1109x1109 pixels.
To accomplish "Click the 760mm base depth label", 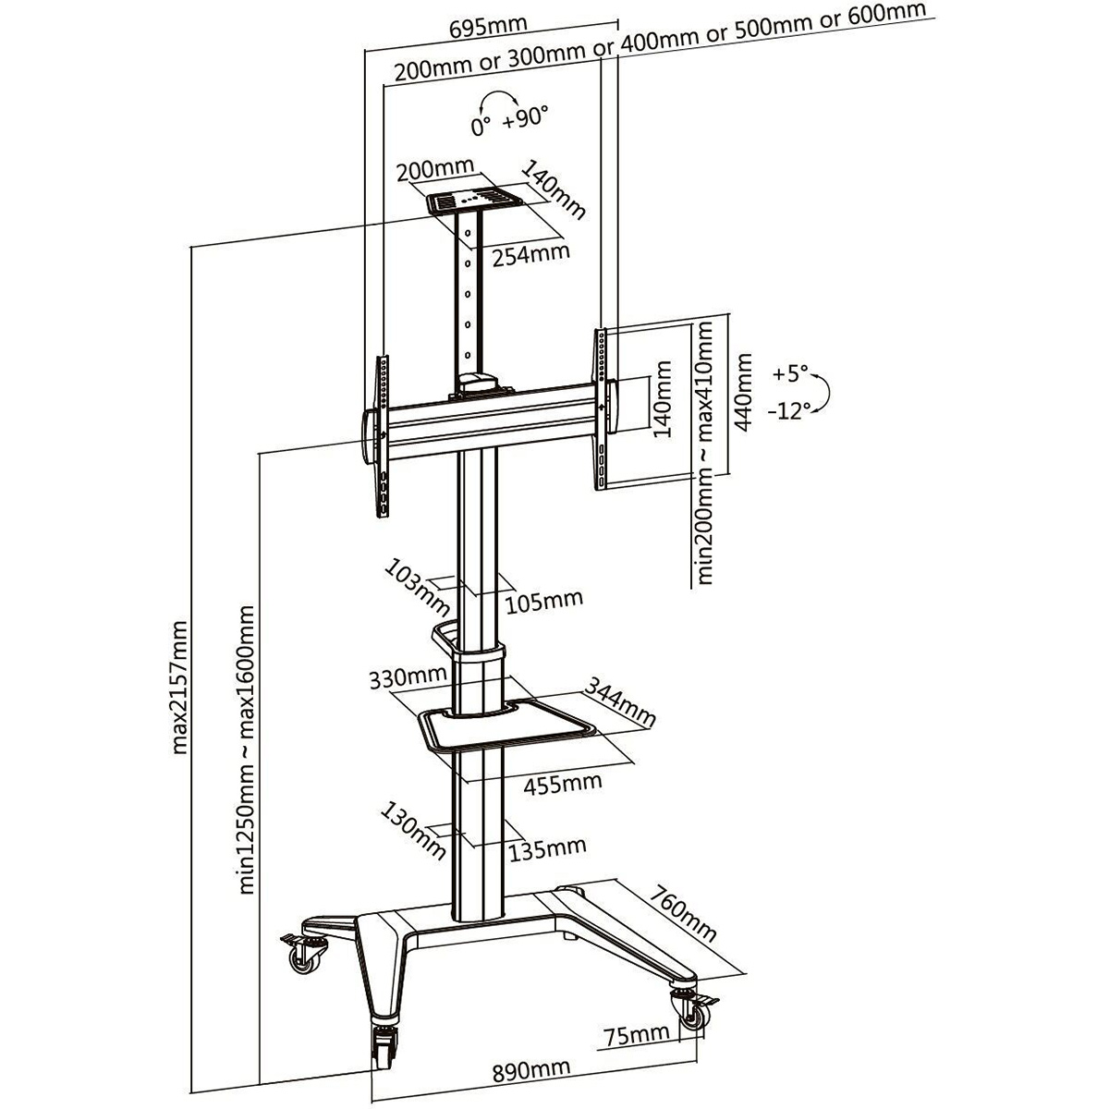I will (x=684, y=914).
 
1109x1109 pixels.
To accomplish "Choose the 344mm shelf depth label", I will (x=620, y=702).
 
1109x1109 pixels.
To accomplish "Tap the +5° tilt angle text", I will (x=791, y=374).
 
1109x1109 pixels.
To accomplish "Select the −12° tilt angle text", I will (x=787, y=411).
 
